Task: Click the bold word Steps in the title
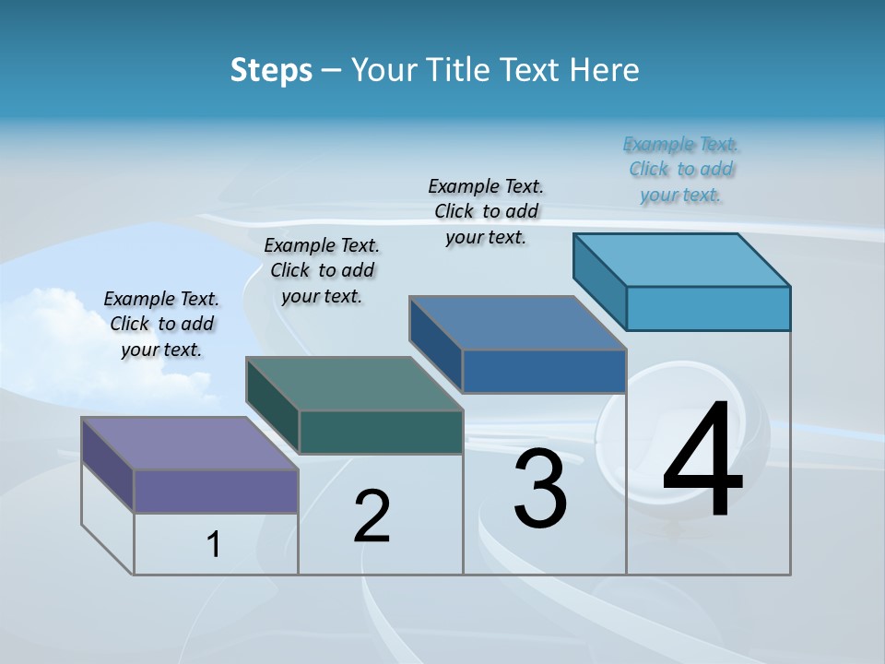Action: point(271,70)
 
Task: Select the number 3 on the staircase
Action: point(540,489)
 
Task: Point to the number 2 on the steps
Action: point(372,516)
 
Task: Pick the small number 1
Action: point(214,545)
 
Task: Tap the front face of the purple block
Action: point(216,491)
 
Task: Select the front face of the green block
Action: point(381,432)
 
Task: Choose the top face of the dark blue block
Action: point(517,323)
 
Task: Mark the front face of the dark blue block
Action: point(544,371)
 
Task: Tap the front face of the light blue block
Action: point(708,308)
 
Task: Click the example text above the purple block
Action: point(161,324)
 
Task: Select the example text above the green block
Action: point(322,270)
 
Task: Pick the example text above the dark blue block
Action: point(486,211)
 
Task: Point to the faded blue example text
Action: point(681,169)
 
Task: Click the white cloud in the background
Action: point(55,332)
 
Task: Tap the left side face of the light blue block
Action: point(600,275)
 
